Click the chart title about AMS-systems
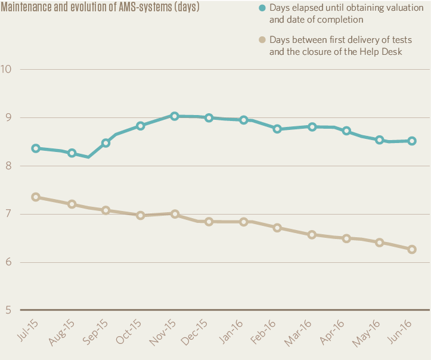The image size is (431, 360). click(x=100, y=8)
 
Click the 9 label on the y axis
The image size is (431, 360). click(x=8, y=117)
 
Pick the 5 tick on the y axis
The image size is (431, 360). click(x=8, y=310)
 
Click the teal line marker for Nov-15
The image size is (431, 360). click(x=175, y=116)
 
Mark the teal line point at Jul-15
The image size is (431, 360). click(x=36, y=148)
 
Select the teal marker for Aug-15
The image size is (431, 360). click(x=72, y=153)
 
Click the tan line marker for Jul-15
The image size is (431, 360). click(x=36, y=197)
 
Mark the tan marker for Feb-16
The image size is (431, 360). click(x=277, y=228)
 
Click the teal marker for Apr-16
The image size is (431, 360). click(x=346, y=131)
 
